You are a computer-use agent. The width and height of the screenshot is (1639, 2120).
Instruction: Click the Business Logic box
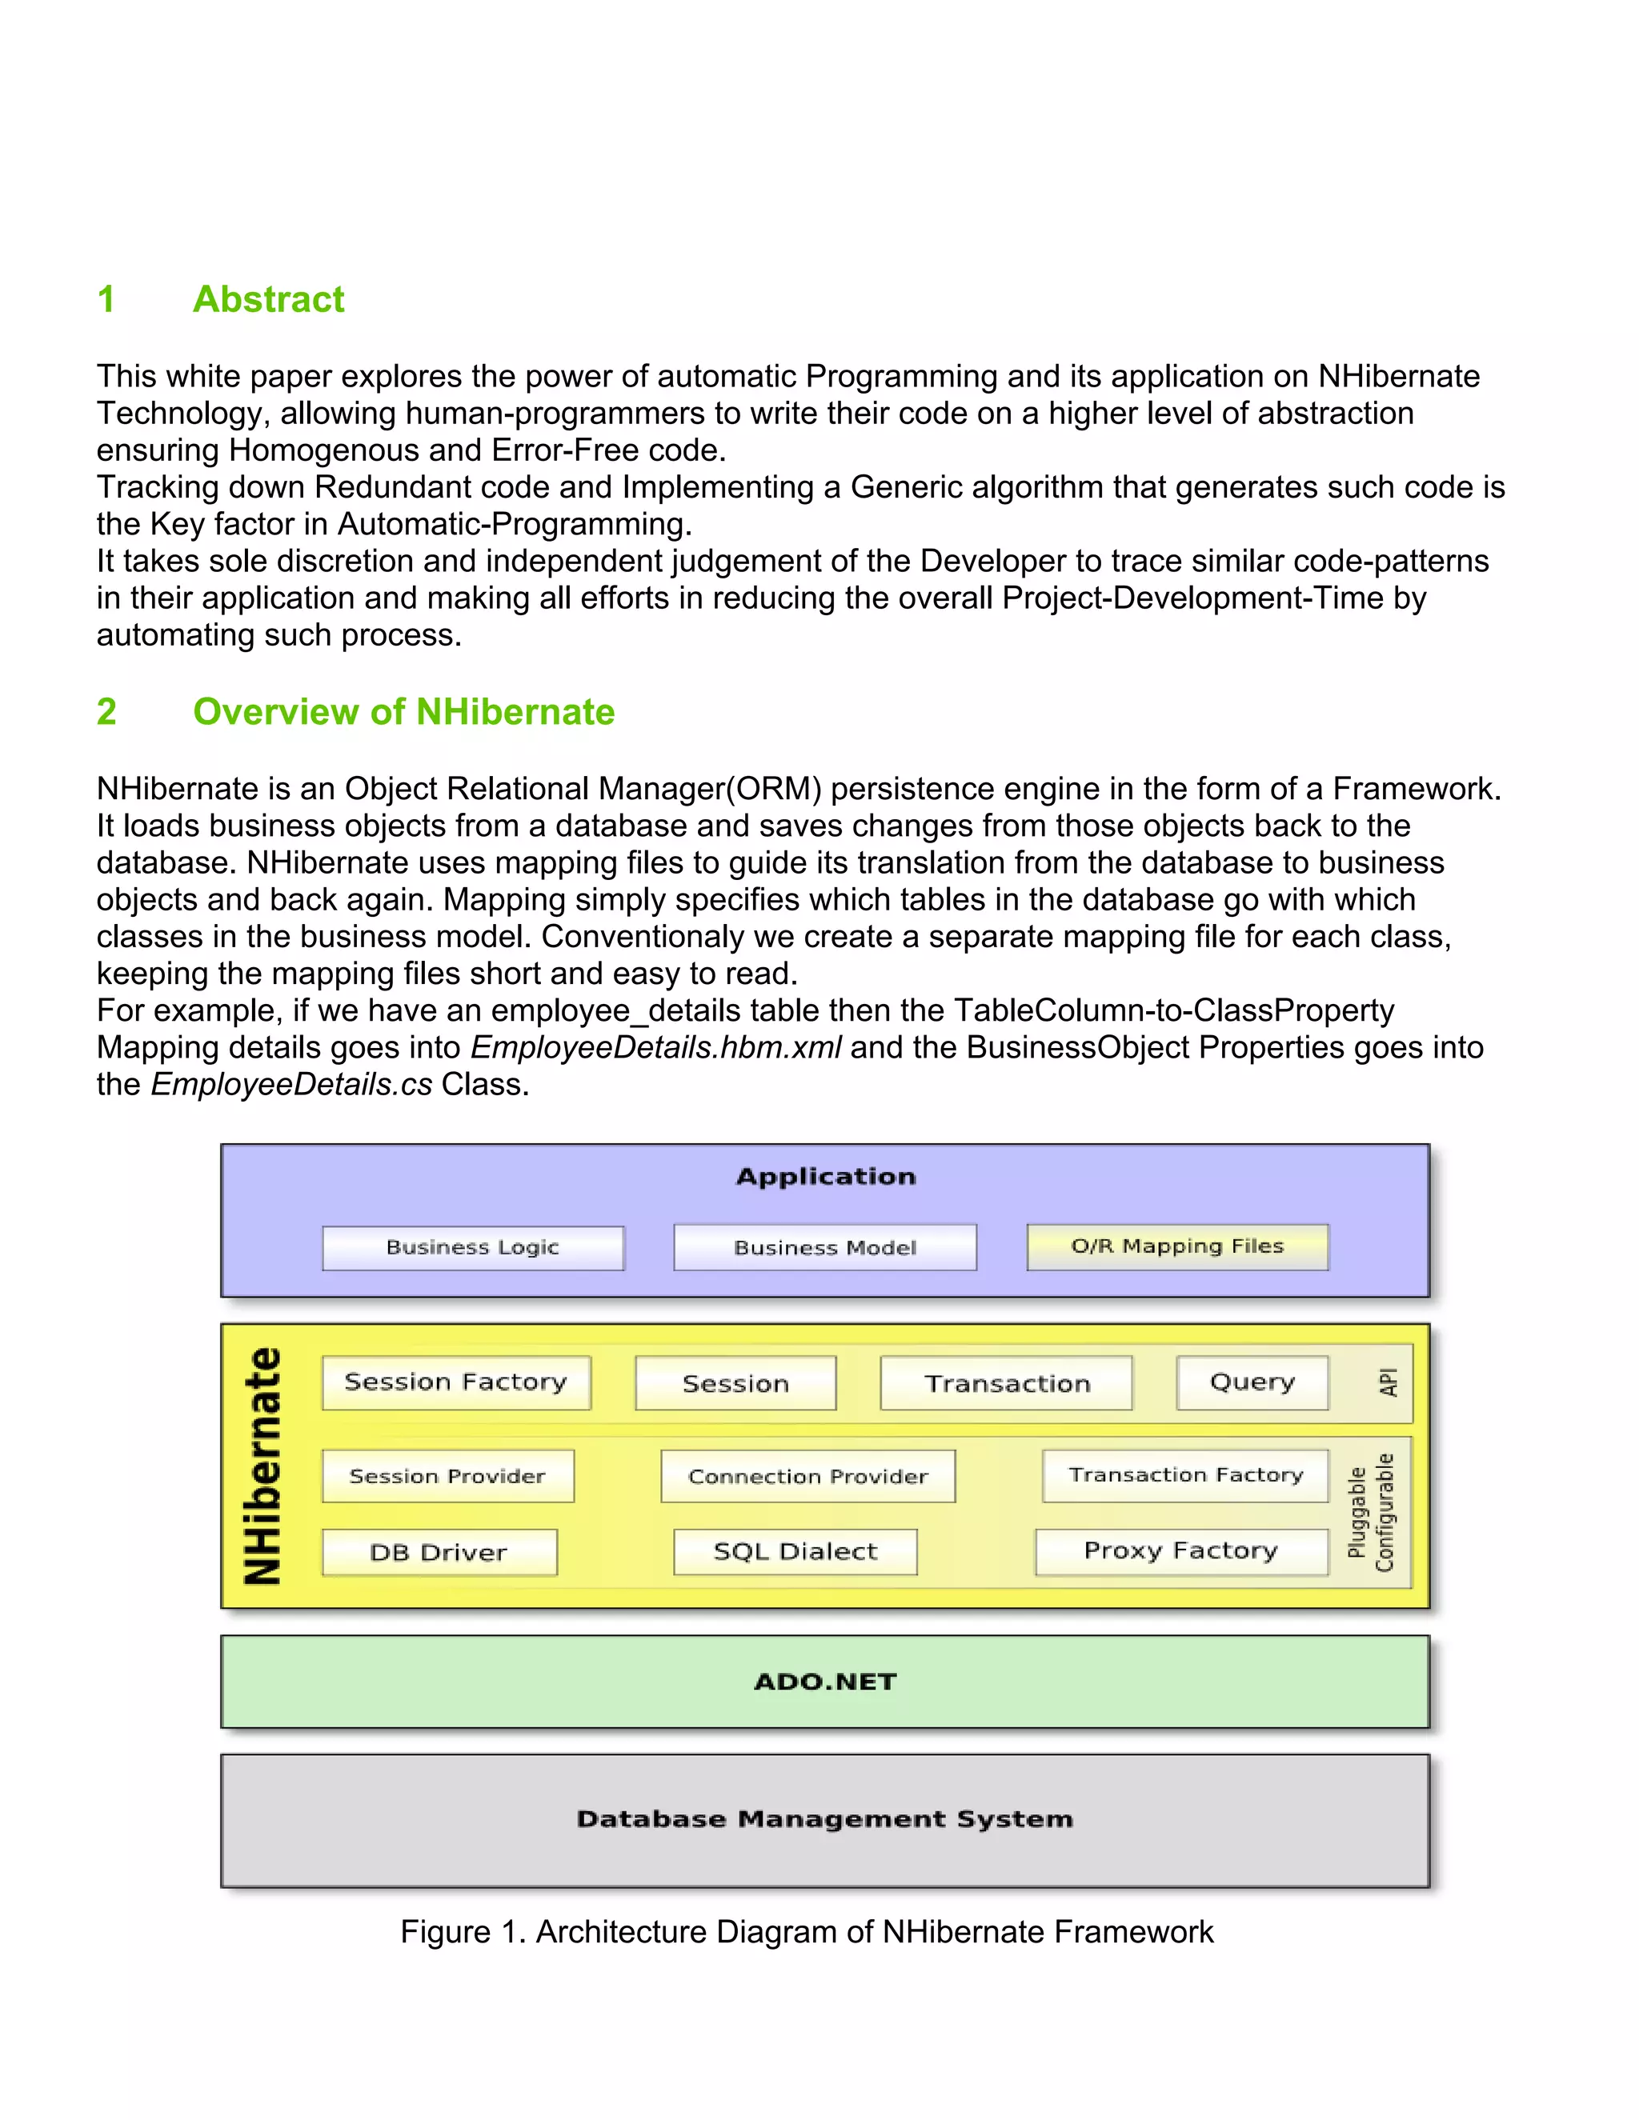click(473, 1247)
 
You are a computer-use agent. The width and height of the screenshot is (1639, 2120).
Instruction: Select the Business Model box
click(824, 1247)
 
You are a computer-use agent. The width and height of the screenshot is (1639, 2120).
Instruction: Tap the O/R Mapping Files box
click(1176, 1246)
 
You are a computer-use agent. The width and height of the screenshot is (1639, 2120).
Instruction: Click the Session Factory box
click(455, 1382)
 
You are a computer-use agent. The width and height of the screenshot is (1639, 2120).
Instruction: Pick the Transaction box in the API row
click(1006, 1383)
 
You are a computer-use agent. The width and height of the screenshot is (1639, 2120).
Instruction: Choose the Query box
click(1252, 1382)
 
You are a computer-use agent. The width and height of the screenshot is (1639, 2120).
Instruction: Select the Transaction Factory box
click(1184, 1475)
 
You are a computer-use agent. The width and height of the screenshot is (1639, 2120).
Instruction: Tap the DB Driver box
click(439, 1552)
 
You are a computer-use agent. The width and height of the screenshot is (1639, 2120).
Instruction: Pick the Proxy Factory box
click(1180, 1551)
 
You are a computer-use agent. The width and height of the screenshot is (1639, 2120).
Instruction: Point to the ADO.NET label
click(824, 1682)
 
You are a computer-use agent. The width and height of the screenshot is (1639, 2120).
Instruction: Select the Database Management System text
click(824, 1819)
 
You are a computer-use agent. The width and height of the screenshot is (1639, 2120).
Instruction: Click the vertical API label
click(1389, 1382)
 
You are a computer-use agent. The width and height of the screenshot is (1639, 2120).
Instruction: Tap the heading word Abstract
click(268, 299)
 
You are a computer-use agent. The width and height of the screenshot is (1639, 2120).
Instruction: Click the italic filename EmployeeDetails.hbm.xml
click(655, 1047)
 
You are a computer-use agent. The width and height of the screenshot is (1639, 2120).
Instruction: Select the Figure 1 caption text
click(806, 1932)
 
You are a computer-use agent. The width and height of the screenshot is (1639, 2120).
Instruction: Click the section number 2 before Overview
click(106, 711)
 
